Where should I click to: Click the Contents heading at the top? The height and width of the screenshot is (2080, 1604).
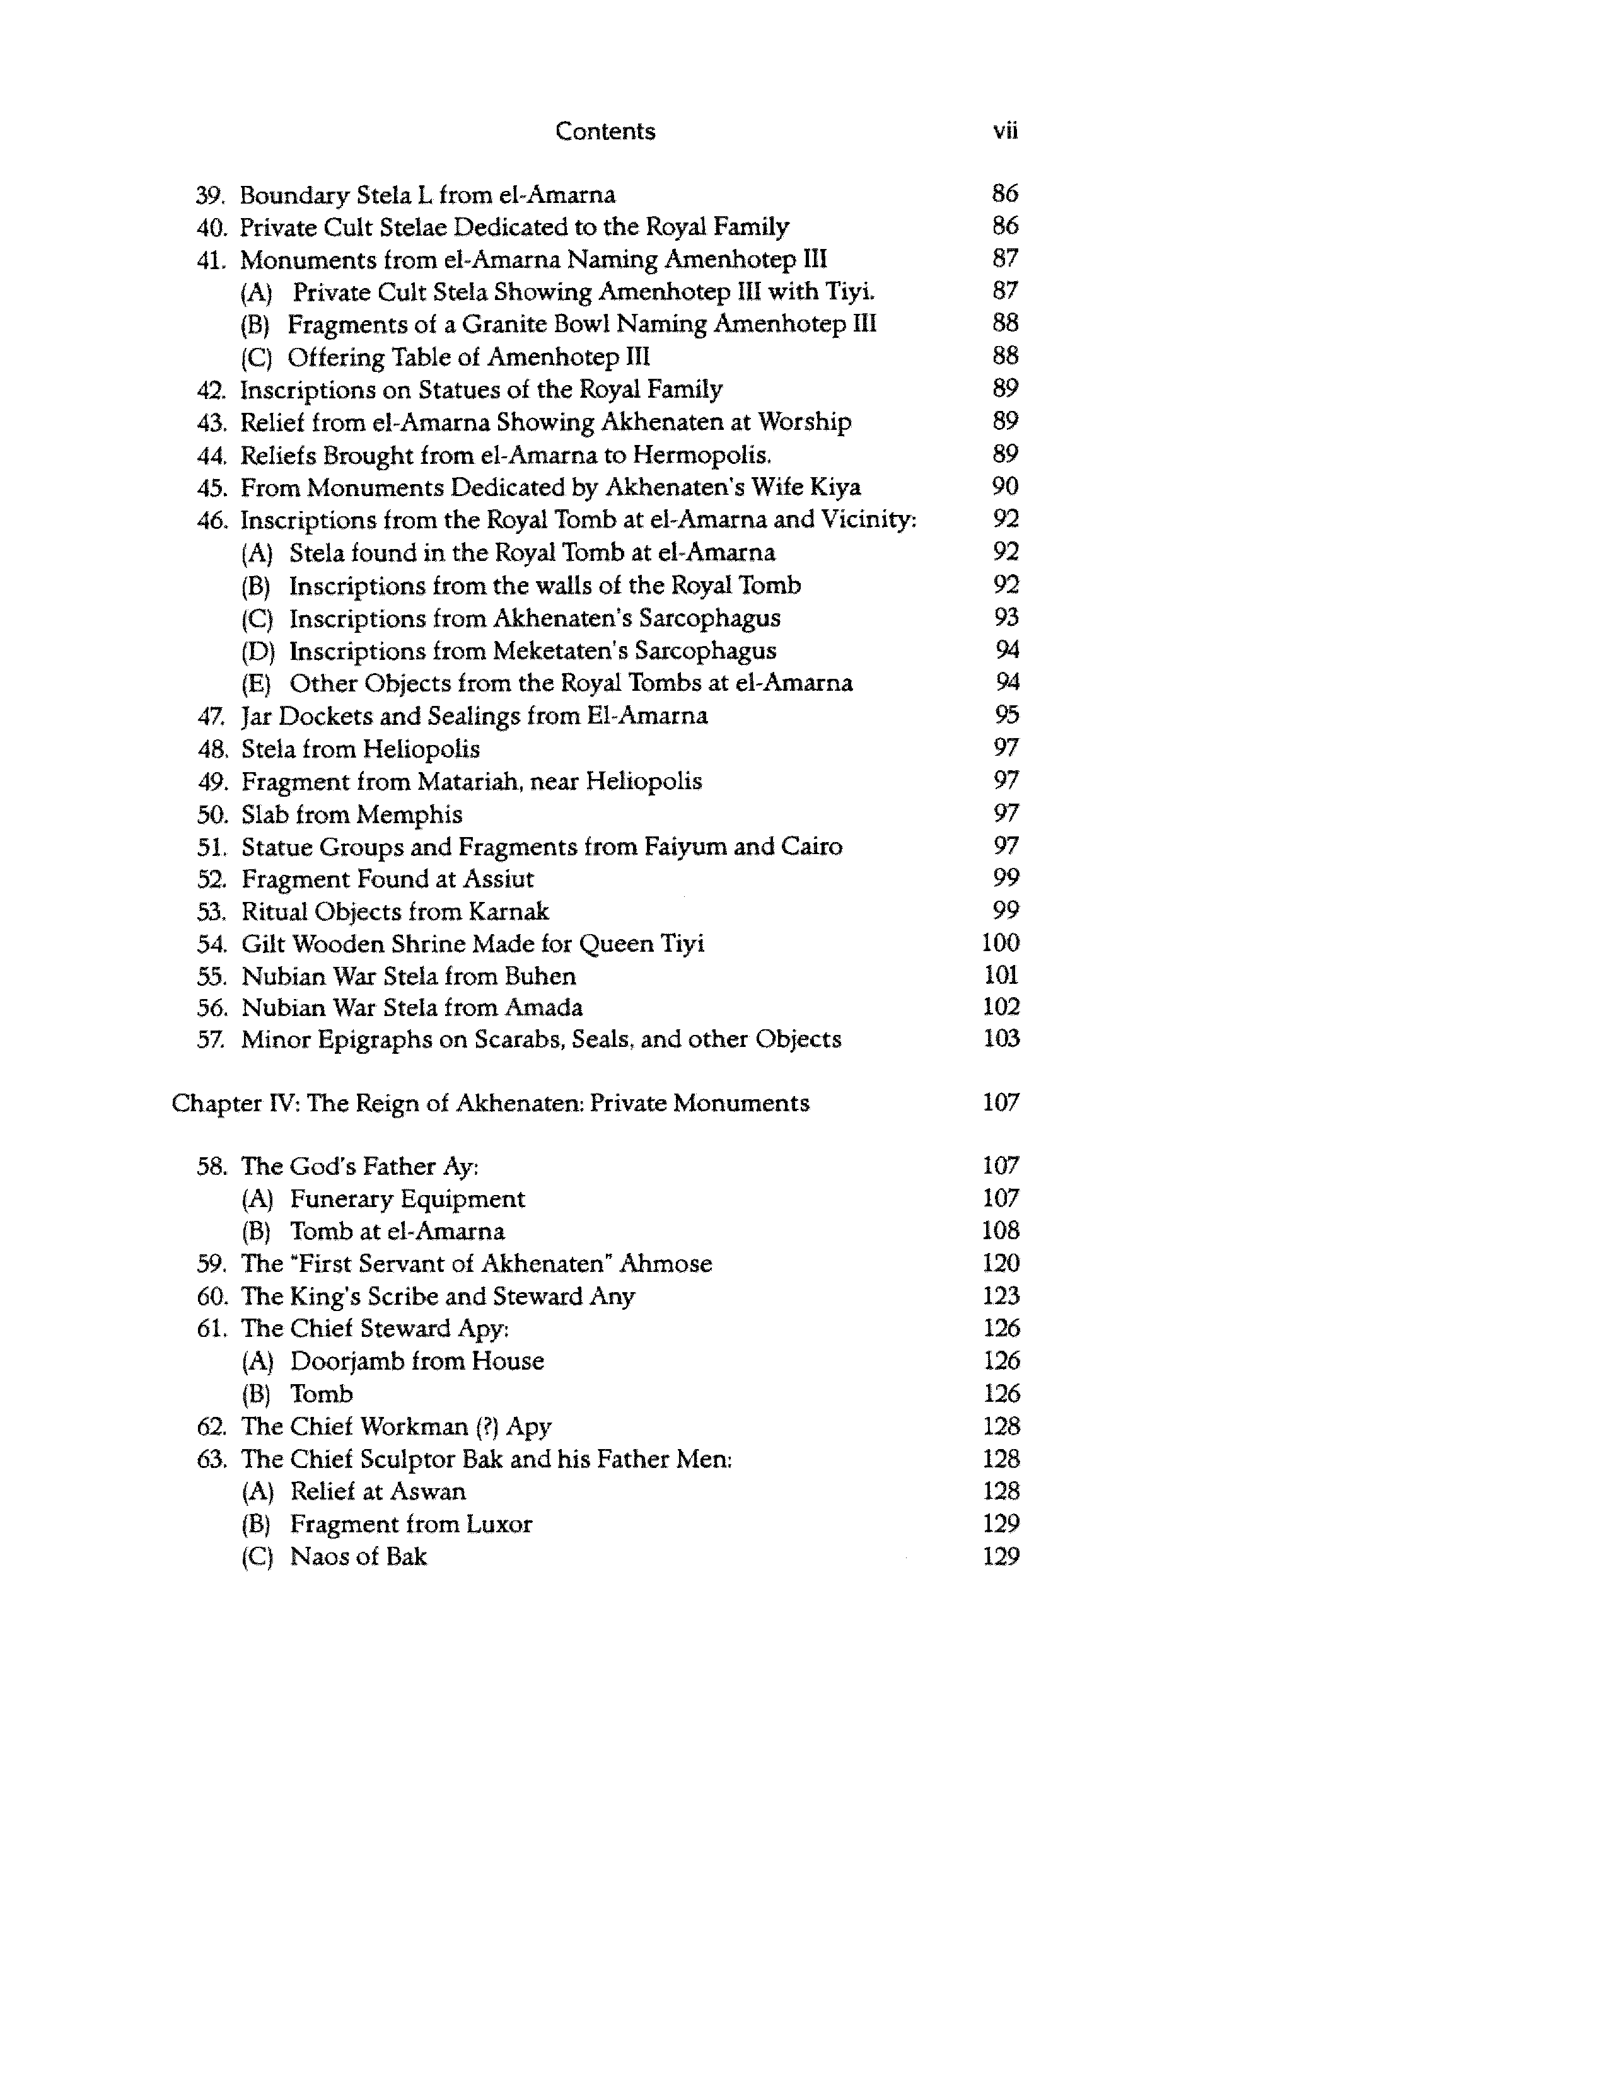605,132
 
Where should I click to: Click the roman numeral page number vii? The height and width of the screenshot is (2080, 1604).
1005,132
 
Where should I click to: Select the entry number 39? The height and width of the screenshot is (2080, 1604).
209,195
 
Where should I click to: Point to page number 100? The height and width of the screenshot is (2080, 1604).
1000,943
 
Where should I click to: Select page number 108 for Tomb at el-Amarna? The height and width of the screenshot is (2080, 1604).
1000,1232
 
